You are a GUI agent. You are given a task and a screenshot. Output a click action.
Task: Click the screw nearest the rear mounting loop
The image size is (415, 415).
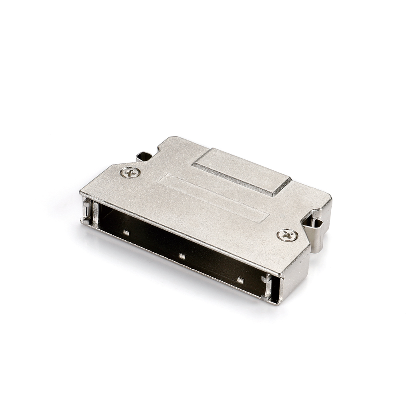click(x=130, y=173)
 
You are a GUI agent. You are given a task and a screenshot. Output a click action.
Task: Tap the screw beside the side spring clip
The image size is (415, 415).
click(x=287, y=235)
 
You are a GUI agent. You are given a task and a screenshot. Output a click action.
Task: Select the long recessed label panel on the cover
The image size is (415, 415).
click(x=212, y=197)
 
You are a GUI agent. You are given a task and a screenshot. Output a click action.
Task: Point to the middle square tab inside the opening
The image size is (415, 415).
click(x=182, y=256)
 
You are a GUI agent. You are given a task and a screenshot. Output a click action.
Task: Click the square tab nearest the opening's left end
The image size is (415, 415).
click(x=126, y=233)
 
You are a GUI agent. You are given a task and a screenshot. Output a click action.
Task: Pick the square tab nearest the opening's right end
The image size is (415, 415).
click(x=240, y=280)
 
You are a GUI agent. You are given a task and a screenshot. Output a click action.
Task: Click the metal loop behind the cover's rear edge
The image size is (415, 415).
click(x=144, y=156)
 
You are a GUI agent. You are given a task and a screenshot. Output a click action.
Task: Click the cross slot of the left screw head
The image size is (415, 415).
click(x=130, y=173)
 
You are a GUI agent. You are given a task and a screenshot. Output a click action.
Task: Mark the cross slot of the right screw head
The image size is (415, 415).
click(x=287, y=235)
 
